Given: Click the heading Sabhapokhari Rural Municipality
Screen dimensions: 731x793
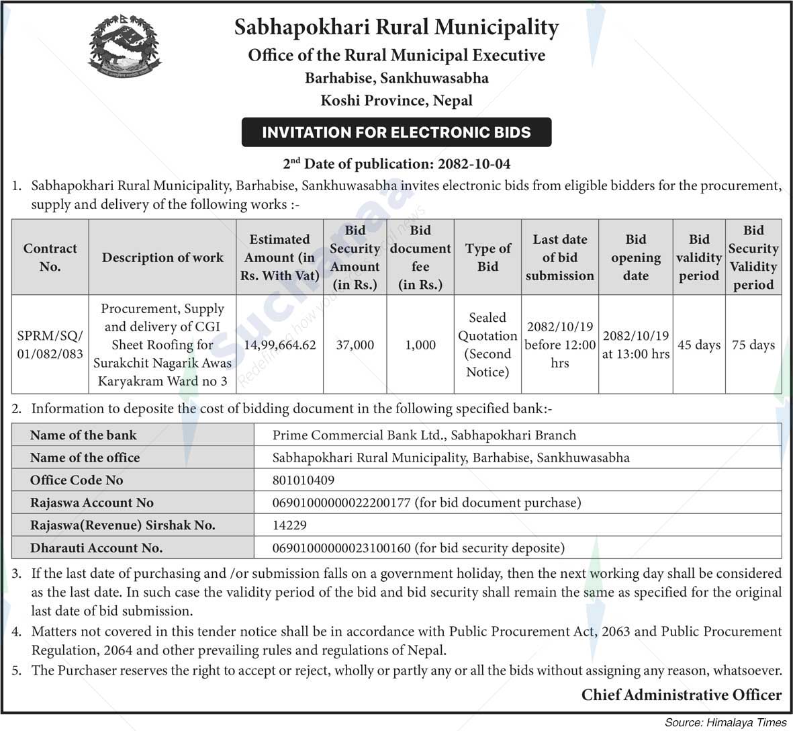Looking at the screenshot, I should click(x=396, y=28).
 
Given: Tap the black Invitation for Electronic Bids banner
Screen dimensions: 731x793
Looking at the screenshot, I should click(x=396, y=132).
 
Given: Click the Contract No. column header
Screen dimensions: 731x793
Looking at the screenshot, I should click(x=50, y=257).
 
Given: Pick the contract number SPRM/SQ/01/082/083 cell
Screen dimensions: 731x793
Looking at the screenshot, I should click(x=50, y=345).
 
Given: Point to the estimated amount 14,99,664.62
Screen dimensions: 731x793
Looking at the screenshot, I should click(x=279, y=345).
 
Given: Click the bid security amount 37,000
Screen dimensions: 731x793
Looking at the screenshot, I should click(x=355, y=345).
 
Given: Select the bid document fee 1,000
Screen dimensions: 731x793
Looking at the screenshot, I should click(x=420, y=345).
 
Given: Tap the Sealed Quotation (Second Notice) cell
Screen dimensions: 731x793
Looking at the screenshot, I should click(x=487, y=345).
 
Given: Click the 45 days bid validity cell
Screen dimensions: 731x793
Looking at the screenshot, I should click(x=699, y=345).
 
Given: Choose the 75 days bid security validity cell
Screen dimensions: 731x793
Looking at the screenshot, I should click(x=753, y=345).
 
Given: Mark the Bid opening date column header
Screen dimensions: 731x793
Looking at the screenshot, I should click(x=635, y=257).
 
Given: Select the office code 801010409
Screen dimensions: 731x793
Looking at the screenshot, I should click(x=304, y=480).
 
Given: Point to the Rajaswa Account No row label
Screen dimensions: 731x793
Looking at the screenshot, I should click(x=91, y=503).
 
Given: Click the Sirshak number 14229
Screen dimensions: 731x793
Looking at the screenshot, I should click(x=289, y=525).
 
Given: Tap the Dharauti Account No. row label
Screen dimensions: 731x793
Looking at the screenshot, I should click(x=96, y=548).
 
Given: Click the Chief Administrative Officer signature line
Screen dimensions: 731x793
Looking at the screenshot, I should click(x=681, y=695).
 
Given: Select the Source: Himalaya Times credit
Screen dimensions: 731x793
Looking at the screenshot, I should click(x=725, y=722).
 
